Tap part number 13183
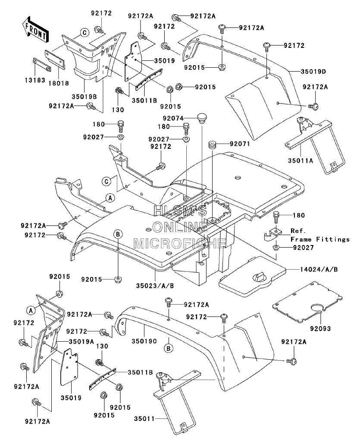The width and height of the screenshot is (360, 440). [x=35, y=80]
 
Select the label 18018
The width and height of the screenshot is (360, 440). [x=59, y=83]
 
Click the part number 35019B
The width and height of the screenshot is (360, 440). [x=84, y=97]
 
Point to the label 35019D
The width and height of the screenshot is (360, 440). [x=313, y=71]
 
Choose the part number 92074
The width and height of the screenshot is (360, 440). [x=173, y=119]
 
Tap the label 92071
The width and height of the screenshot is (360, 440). [x=240, y=144]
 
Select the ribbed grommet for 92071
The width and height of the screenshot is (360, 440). [x=212, y=145]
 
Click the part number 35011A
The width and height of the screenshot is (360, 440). [x=300, y=160]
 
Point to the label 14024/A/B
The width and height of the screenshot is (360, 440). [x=319, y=269]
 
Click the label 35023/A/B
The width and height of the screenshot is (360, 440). [x=155, y=286]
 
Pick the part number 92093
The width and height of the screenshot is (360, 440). [x=320, y=328]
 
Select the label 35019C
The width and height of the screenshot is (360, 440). [x=144, y=341]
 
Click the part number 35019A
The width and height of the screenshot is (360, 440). [x=81, y=342]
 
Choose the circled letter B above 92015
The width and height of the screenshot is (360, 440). [x=118, y=234]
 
